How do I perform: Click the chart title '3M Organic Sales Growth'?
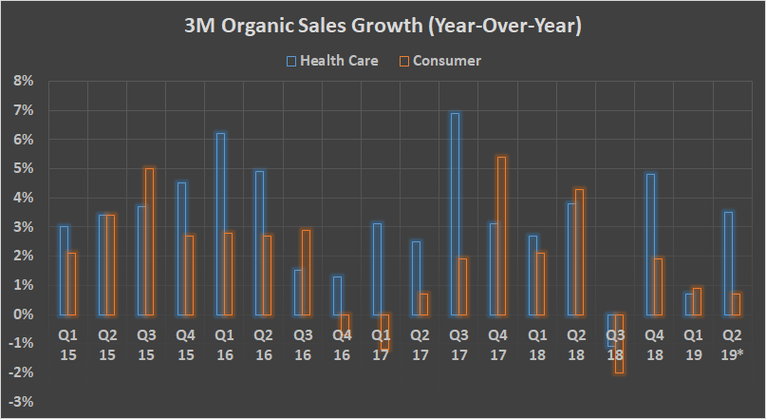tap(383, 27)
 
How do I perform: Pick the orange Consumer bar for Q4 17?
tap(502, 236)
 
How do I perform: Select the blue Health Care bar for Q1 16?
tap(220, 224)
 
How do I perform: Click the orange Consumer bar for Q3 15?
tap(150, 241)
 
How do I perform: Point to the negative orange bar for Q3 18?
tap(619, 343)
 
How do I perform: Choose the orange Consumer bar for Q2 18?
tap(580, 252)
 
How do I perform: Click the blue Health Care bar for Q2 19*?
tap(727, 263)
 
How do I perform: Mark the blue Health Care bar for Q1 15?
tap(64, 270)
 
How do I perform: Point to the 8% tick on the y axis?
tap(23, 82)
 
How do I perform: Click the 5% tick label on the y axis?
tap(23, 169)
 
